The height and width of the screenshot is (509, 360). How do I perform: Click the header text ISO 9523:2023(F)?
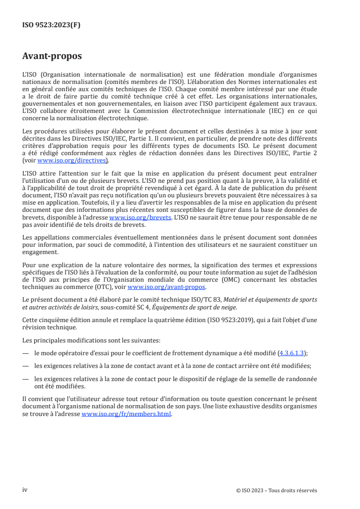click(x=51, y=25)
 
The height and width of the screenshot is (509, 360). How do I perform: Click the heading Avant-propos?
click(x=52, y=56)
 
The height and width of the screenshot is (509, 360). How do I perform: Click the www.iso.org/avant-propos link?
click(x=167, y=287)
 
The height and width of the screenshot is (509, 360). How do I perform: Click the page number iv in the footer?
click(x=25, y=490)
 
